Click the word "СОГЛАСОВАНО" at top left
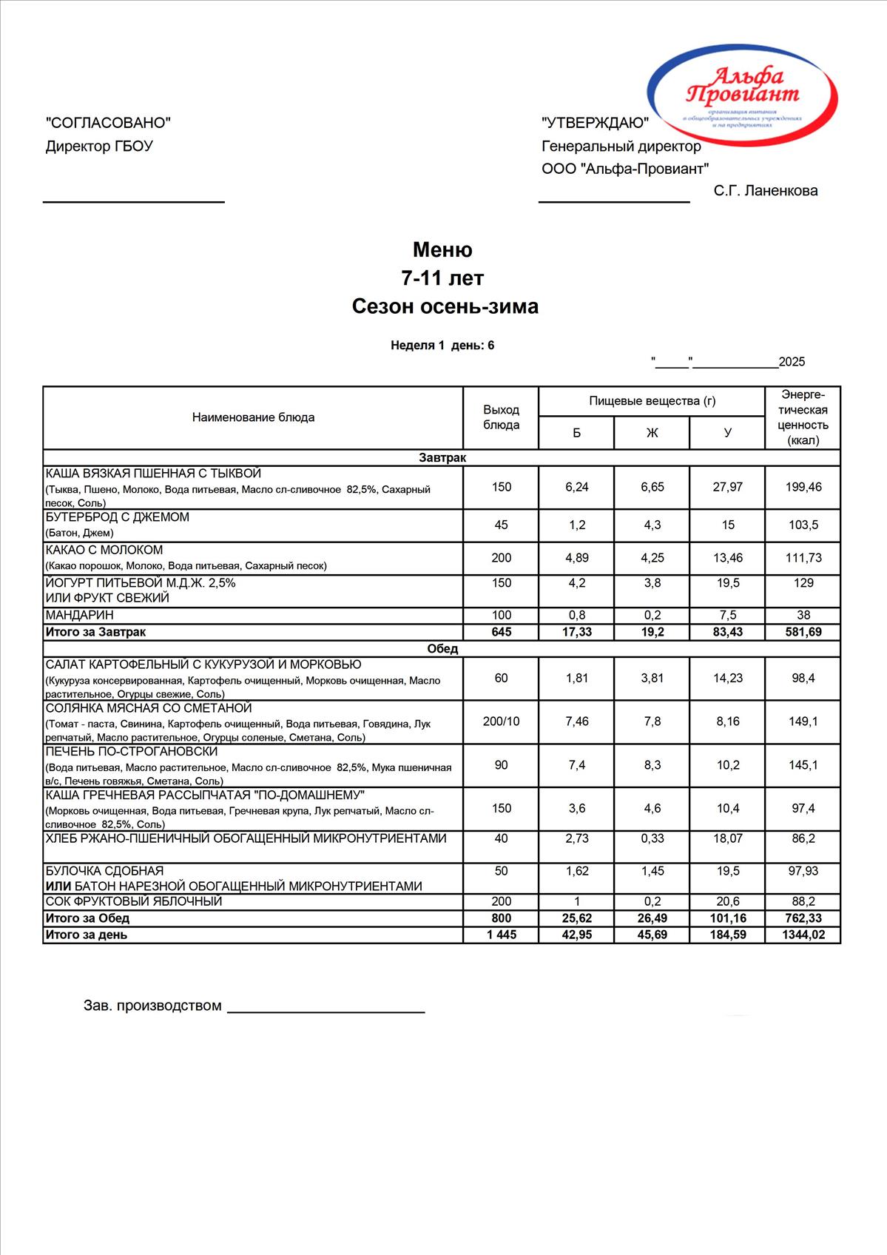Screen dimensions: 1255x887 pyautogui.click(x=108, y=123)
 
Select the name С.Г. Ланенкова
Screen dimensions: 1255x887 pyautogui.click(x=766, y=191)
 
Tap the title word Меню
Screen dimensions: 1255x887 pyautogui.click(x=442, y=249)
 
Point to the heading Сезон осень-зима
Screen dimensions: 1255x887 pyautogui.click(x=445, y=306)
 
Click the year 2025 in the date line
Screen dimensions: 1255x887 pyautogui.click(x=792, y=362)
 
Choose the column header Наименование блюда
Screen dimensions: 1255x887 pyautogui.click(x=253, y=417)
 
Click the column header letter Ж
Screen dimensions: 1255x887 pyautogui.click(x=652, y=433)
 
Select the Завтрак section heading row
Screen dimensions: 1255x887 pyautogui.click(x=442, y=458)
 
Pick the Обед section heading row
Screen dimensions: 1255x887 pyautogui.click(x=442, y=649)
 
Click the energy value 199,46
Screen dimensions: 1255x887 pyautogui.click(x=803, y=487)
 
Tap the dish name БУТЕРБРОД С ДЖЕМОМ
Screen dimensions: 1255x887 pyautogui.click(x=118, y=517)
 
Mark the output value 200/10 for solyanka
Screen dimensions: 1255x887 pyautogui.click(x=501, y=721)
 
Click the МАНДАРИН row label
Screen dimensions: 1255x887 pyautogui.click(x=80, y=616)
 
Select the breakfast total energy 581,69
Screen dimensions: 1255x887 pyautogui.click(x=803, y=633)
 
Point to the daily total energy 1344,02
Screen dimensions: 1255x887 pyautogui.click(x=803, y=935)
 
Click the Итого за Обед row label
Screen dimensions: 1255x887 pyautogui.click(x=87, y=918)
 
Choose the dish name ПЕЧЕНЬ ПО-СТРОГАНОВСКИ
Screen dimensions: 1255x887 pyautogui.click(x=132, y=752)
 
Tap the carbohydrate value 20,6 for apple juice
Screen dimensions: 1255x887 pyautogui.click(x=728, y=901)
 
